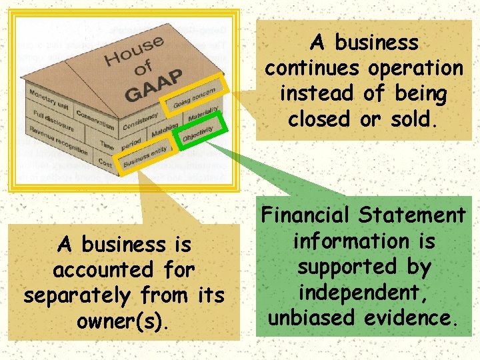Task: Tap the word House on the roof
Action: (x=134, y=53)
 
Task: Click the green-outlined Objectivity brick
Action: (x=199, y=129)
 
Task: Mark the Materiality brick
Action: (x=203, y=112)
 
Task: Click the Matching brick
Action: (x=163, y=129)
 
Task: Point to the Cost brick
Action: (x=104, y=162)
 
